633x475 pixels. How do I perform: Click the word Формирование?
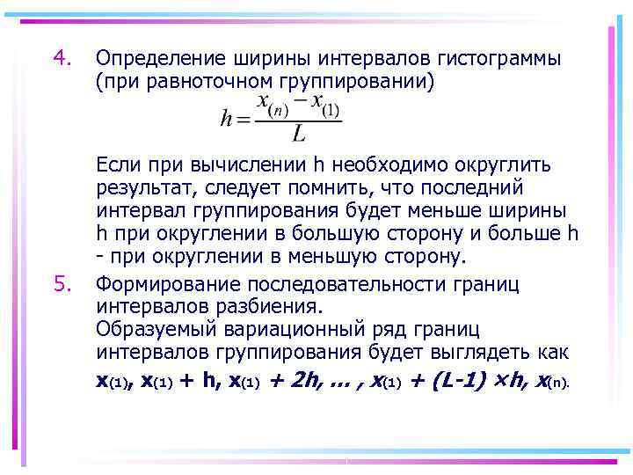point(167,283)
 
